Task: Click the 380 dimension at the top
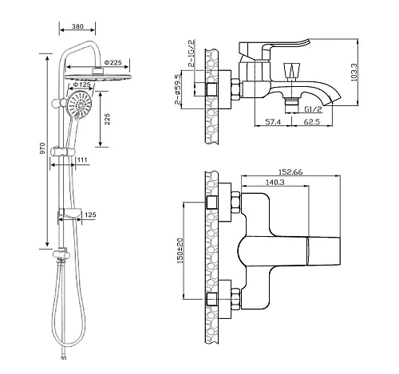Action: point(77,26)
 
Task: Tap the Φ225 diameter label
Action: point(113,62)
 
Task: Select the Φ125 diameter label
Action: point(81,85)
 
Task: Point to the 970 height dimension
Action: point(42,149)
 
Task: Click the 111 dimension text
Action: point(82,159)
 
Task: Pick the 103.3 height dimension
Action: point(354,73)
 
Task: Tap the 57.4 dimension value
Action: point(273,122)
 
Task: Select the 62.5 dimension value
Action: point(312,122)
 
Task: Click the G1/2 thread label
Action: point(313,109)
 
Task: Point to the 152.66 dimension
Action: point(290,172)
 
